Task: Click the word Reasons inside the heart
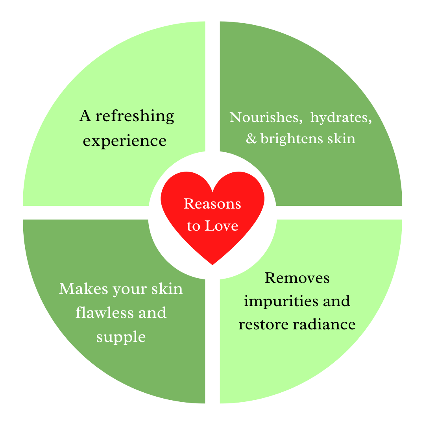point(212,204)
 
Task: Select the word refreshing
point(135,116)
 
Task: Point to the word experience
point(124,140)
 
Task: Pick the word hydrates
point(341,118)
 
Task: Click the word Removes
point(297,278)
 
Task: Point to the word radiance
point(323,325)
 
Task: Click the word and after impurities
point(336,301)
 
